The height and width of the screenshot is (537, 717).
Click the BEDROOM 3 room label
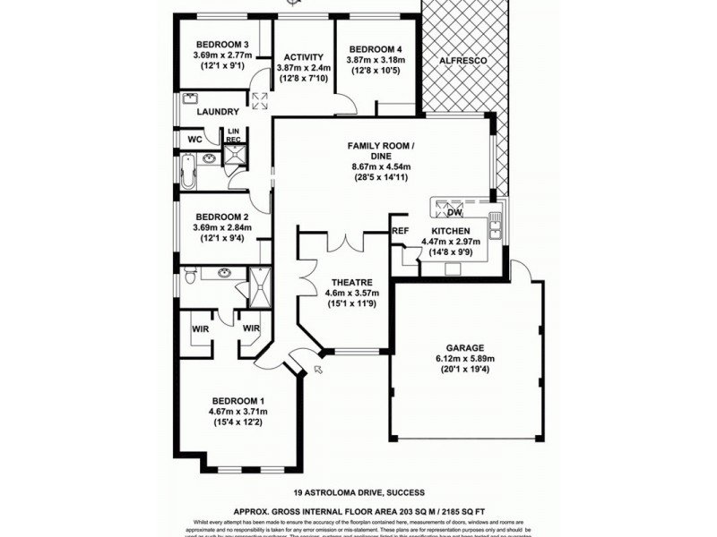[221, 44]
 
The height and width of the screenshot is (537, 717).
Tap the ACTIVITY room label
[304, 57]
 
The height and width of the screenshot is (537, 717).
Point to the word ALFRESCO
[462, 60]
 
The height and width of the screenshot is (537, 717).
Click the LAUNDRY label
[218, 112]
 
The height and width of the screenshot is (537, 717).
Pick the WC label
[194, 140]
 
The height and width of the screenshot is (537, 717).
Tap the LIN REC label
[233, 136]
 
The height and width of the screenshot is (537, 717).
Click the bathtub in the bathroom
[188, 170]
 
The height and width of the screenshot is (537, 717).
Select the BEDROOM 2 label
[221, 217]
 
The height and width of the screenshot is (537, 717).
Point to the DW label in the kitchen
[454, 213]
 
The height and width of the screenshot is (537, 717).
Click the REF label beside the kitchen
[400, 231]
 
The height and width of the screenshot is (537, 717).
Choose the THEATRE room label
[345, 282]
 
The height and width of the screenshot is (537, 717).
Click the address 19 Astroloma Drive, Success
[358, 492]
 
